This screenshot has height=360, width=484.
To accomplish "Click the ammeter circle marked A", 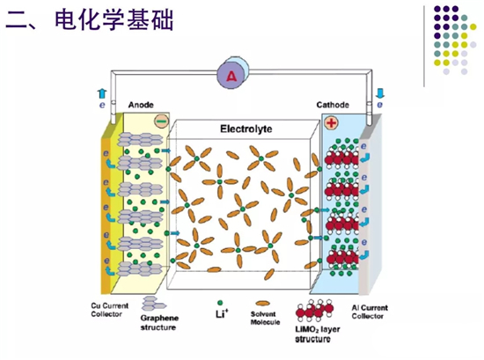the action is pyautogui.click(x=231, y=76).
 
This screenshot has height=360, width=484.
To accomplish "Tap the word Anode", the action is pyautogui.click(x=141, y=105).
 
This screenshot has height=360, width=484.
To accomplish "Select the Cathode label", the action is pyautogui.click(x=333, y=105).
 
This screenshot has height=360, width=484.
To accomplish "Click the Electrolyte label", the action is pyautogui.click(x=246, y=129).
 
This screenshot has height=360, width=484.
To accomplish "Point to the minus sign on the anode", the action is pyautogui.click(x=161, y=121).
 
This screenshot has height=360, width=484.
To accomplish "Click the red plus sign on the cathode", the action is pyautogui.click(x=331, y=123).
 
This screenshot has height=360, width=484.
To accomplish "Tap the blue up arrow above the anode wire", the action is pyautogui.click(x=101, y=94).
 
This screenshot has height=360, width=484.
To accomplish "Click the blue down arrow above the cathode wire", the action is pyautogui.click(x=380, y=93).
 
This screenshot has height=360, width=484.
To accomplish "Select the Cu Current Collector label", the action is pyautogui.click(x=109, y=310).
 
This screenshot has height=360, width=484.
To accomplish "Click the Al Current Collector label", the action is pyautogui.click(x=370, y=312).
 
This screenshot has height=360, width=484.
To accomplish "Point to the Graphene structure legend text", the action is pyautogui.click(x=159, y=323).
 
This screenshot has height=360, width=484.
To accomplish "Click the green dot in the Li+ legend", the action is pyautogui.click(x=220, y=303).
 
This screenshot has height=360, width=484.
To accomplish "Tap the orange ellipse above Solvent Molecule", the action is pyautogui.click(x=263, y=304).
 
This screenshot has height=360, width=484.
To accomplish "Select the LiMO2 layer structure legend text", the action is pyautogui.click(x=318, y=334).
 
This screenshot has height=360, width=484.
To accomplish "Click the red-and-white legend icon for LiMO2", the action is pyautogui.click(x=314, y=311).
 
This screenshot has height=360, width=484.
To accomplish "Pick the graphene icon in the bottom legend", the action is pyautogui.click(x=153, y=304).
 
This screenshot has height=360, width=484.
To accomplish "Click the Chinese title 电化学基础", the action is pyautogui.click(x=114, y=20).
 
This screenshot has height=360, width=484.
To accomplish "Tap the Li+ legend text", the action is pyautogui.click(x=222, y=313).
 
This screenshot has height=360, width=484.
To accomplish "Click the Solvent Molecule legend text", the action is pyautogui.click(x=265, y=318).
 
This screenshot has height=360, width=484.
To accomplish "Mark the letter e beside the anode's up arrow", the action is pyautogui.click(x=102, y=106).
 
